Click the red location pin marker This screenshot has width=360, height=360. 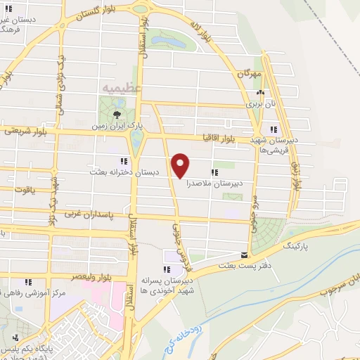[x=181, y=165]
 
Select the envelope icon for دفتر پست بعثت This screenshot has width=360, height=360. [x=245, y=255]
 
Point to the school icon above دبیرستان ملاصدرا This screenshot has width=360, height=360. [x=214, y=171]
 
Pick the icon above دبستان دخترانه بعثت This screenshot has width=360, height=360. [x=123, y=161]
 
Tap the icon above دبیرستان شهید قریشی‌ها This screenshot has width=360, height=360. [x=274, y=129]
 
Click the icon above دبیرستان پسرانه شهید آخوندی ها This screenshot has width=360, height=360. [x=167, y=269]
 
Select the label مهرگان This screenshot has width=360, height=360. [x=249, y=72]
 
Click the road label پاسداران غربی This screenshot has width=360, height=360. [x=88, y=212]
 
